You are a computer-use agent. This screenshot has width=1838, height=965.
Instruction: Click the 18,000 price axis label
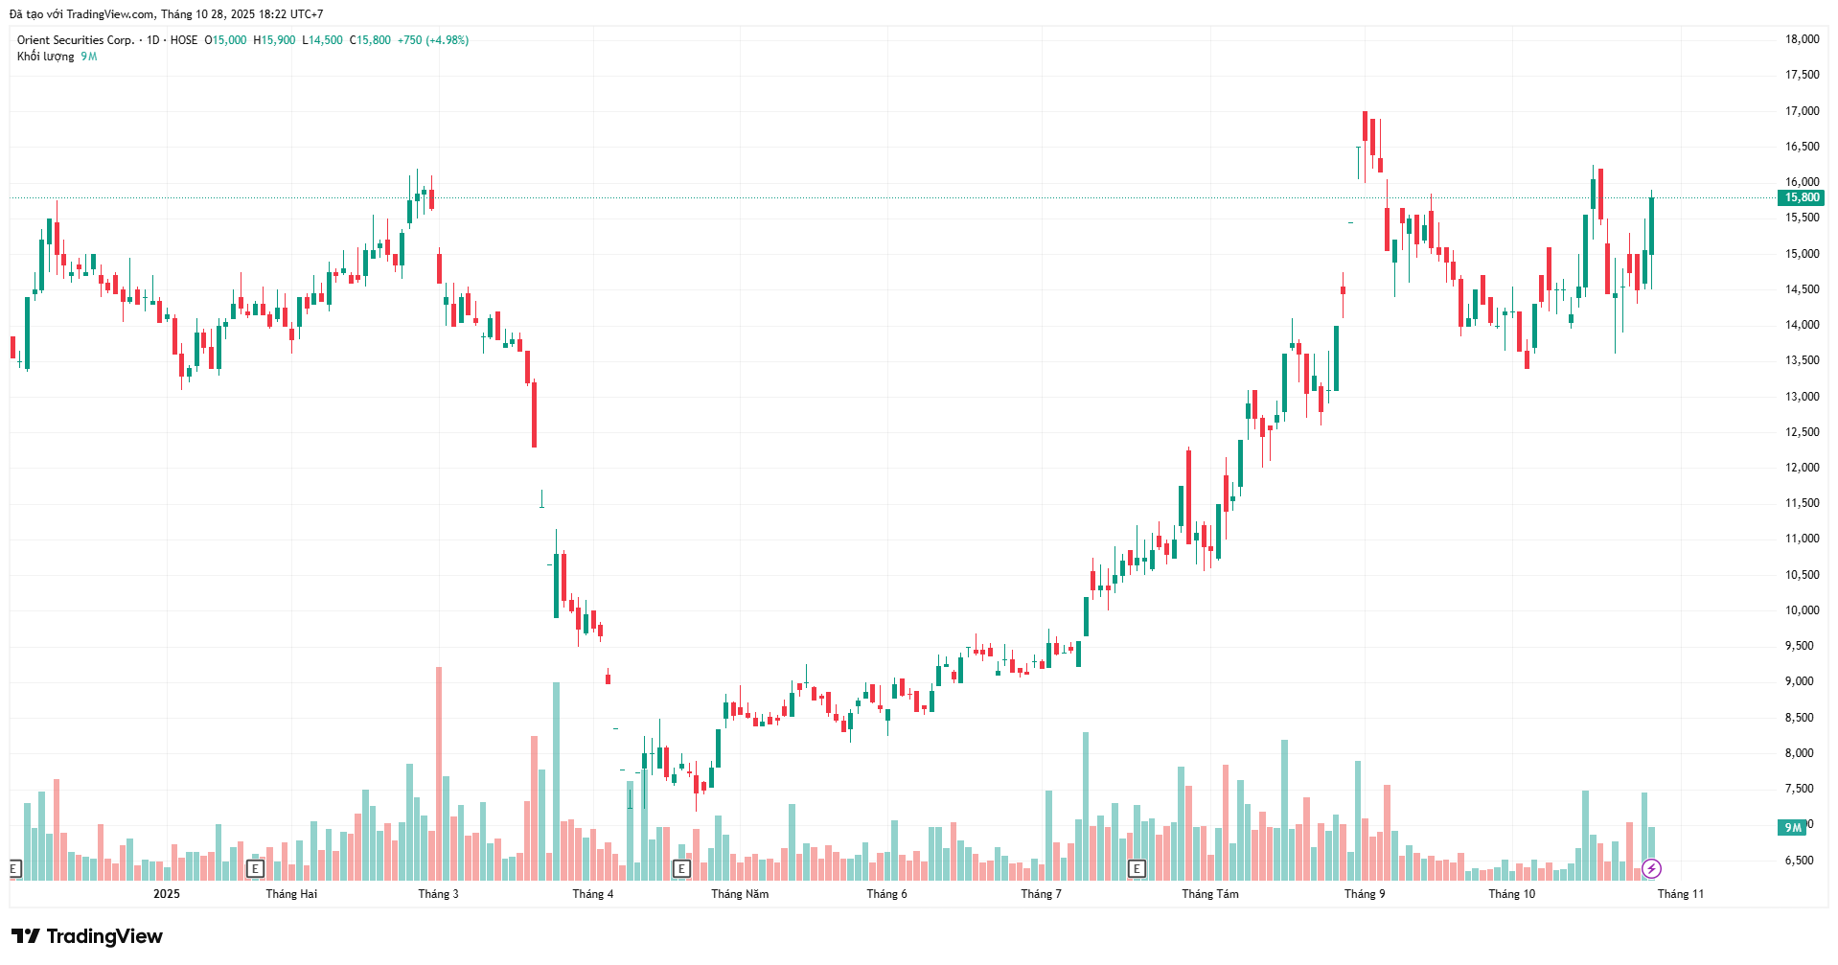1802,39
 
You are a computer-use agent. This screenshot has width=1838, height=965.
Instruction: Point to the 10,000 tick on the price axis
1802,610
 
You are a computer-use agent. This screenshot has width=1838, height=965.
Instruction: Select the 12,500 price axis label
1802,432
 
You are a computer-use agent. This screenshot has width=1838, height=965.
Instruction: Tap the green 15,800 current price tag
1802,197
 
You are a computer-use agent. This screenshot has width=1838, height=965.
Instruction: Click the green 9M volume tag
1792,827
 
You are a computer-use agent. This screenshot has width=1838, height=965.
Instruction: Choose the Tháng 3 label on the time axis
438,894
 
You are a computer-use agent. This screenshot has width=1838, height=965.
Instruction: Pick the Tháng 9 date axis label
1365,894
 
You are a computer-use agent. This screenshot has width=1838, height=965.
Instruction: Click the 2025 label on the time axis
167,894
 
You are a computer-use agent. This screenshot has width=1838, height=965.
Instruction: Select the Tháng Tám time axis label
1209,894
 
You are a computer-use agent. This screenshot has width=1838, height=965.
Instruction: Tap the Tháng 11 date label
1681,894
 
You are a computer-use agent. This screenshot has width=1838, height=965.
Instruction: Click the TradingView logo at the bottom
87,936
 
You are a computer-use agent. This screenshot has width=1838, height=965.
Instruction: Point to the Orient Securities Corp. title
76,40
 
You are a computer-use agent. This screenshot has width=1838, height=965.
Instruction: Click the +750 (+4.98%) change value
433,40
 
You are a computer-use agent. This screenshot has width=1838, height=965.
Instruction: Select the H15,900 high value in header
274,40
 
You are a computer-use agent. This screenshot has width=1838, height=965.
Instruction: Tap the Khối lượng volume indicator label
45,57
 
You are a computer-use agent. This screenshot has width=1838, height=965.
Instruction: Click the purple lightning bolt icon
1651,869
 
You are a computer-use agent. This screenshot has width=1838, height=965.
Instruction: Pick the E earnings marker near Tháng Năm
681,869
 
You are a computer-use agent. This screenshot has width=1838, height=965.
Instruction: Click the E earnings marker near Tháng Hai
255,869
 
